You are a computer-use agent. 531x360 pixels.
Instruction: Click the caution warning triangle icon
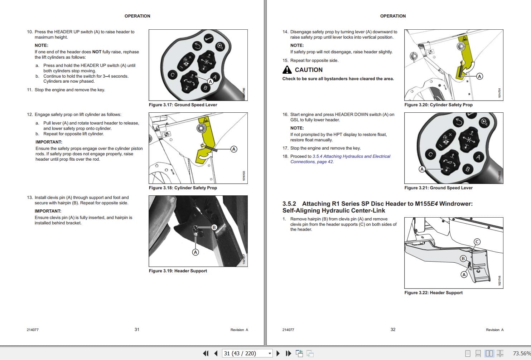pyautogui.click(x=287, y=70)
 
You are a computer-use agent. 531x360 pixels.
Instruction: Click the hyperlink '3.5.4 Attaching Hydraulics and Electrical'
pyautogui.click(x=351, y=156)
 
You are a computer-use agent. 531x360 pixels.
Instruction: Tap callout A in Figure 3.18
pyautogui.click(x=234, y=149)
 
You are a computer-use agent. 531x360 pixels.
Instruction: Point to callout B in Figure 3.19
pyautogui.click(x=214, y=227)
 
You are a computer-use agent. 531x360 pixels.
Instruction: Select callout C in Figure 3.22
pyautogui.click(x=477, y=242)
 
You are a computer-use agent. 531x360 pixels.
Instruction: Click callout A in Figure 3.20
pyautogui.click(x=479, y=76)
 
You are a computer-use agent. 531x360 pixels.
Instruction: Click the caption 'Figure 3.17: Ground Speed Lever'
pyautogui.click(x=183, y=105)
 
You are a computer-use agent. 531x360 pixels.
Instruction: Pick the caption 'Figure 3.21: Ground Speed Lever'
pyautogui.click(x=438, y=188)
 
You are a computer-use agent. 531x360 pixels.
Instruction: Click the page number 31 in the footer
pyautogui.click(x=137, y=330)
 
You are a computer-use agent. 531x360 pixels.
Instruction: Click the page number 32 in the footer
pyautogui.click(x=393, y=330)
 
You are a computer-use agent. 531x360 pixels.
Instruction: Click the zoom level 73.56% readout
pyautogui.click(x=521, y=354)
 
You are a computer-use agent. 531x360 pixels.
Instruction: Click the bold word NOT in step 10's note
pyautogui.click(x=97, y=52)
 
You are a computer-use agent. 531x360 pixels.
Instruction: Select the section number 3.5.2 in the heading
pyautogui.click(x=289, y=204)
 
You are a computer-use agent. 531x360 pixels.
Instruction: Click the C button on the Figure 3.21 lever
pyautogui.click(x=430, y=155)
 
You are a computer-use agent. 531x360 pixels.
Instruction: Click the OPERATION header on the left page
pyautogui.click(x=137, y=16)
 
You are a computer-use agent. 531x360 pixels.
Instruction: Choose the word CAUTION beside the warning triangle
pyautogui.click(x=309, y=70)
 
